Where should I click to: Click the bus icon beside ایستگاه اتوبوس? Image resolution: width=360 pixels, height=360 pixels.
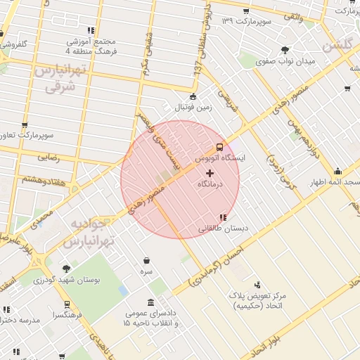(x=220, y=148)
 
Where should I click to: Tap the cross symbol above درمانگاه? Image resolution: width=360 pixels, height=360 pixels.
(x=210, y=172)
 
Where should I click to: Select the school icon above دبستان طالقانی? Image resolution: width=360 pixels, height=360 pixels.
(x=223, y=218)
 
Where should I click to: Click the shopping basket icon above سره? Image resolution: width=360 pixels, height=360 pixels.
(x=146, y=260)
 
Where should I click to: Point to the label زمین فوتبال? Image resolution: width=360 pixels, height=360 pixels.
(x=193, y=107)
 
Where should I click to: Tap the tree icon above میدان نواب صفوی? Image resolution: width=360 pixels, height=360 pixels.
(x=285, y=50)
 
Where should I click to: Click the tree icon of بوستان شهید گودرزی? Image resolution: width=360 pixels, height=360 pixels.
(x=65, y=269)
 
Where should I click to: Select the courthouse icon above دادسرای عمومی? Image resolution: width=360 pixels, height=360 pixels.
(x=150, y=302)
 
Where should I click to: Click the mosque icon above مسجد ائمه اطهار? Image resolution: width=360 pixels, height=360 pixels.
(x=337, y=171)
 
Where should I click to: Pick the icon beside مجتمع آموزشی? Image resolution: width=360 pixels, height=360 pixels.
(x=91, y=30)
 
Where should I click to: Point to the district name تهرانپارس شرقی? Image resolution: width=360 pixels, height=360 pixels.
(x=59, y=79)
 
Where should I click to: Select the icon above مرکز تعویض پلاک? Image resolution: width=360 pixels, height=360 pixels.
(x=257, y=285)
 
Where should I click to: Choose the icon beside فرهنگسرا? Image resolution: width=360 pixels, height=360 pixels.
(x=67, y=304)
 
